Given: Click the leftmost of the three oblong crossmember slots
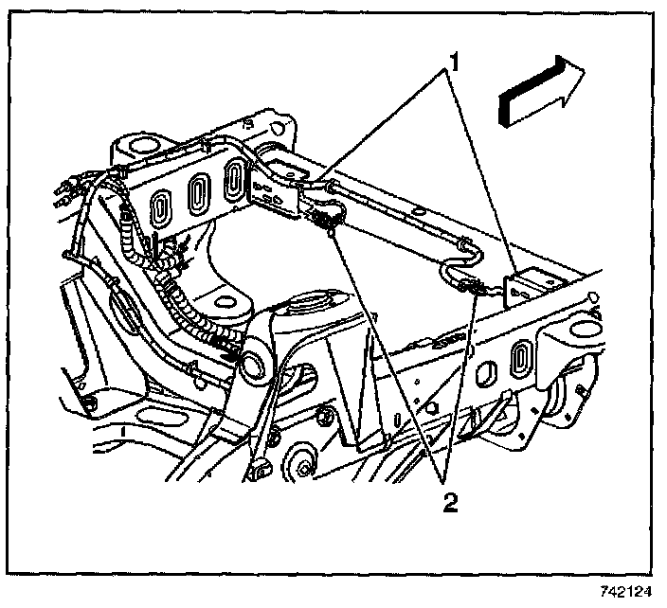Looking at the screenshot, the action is (x=162, y=207).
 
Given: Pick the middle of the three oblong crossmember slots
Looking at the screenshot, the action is (x=198, y=193).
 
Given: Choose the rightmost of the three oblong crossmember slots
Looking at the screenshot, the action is (x=235, y=180).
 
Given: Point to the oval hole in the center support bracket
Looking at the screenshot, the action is (x=225, y=306).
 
